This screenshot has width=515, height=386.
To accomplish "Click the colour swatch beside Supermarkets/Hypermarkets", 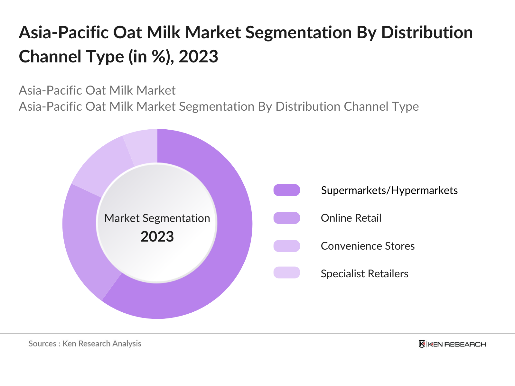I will pyautogui.click(x=286, y=190).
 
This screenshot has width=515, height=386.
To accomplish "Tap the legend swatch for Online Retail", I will pyautogui.click(x=286, y=218).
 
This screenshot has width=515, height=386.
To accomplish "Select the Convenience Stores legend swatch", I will pyautogui.click(x=286, y=246).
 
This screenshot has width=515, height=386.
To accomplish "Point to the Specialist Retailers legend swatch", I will pyautogui.click(x=286, y=273).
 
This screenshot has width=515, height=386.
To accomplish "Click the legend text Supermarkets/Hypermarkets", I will pyautogui.click(x=389, y=190).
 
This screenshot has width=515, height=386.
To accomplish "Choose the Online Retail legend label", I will pyautogui.click(x=351, y=218).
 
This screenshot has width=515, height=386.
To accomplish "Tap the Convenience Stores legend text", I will pyautogui.click(x=368, y=246).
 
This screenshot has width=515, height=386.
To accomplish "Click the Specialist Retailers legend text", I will pyautogui.click(x=364, y=274).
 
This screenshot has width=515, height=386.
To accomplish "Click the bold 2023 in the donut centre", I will pyautogui.click(x=157, y=237).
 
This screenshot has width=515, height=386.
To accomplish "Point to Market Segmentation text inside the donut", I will pyautogui.click(x=157, y=218).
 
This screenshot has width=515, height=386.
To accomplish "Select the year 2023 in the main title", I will pyautogui.click(x=198, y=57).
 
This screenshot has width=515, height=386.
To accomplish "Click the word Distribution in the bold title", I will pyautogui.click(x=427, y=33).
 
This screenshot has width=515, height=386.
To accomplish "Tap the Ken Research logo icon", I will pyautogui.click(x=422, y=344).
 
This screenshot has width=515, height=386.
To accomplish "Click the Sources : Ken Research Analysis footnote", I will pyautogui.click(x=85, y=344).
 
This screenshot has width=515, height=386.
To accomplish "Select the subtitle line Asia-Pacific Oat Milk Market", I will pyautogui.click(x=97, y=90).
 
